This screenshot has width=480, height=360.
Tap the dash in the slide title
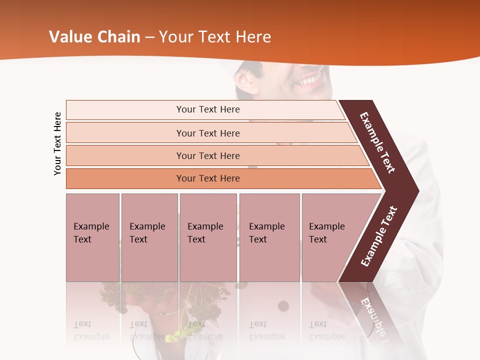click(149, 37)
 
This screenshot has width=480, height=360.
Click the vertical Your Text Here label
click(57, 143)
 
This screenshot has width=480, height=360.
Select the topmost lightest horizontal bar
click(205, 109)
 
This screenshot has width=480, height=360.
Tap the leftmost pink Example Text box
click(92, 237)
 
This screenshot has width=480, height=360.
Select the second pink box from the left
click(149, 237)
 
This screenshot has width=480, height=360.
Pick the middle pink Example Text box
click(208, 237)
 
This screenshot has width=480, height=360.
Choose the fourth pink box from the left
click(269, 237)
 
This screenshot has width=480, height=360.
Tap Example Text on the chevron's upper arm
click(377, 142)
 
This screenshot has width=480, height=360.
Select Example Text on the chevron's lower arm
click(379, 236)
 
